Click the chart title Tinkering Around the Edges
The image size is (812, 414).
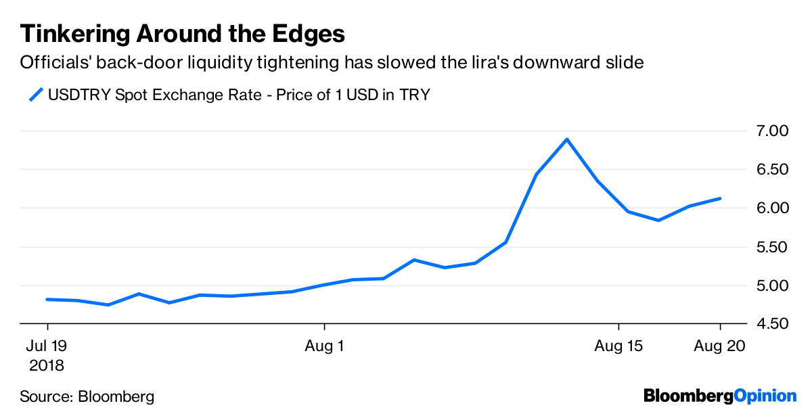(x=183, y=34)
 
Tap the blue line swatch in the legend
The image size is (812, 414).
(x=36, y=94)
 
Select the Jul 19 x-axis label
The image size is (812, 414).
(x=46, y=346)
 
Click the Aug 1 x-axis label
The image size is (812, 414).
(x=325, y=346)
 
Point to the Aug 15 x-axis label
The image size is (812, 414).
(x=619, y=346)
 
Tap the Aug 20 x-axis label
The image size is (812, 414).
(x=720, y=346)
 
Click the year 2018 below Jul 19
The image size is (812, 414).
(x=46, y=366)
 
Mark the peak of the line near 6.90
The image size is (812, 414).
(x=567, y=139)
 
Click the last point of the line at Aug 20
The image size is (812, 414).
(x=720, y=198)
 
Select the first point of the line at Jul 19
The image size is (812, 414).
(x=47, y=299)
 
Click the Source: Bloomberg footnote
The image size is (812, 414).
(x=87, y=396)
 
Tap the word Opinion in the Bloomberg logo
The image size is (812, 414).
(x=765, y=395)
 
